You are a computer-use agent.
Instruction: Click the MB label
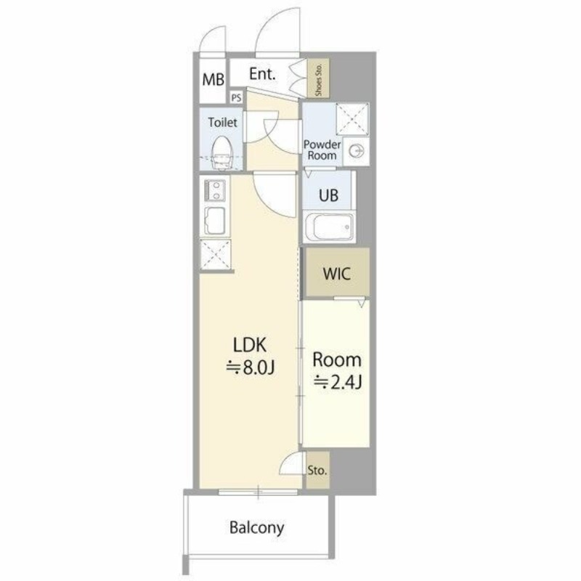pyautogui.click(x=213, y=80)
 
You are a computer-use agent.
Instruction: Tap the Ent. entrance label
pyautogui.click(x=262, y=74)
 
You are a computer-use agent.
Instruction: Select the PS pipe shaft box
pyautogui.click(x=237, y=97)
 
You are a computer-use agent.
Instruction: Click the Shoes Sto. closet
pyautogui.click(x=318, y=78)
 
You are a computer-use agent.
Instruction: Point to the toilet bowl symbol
pyautogui.click(x=221, y=153)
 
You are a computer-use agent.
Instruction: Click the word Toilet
pyautogui.click(x=222, y=122)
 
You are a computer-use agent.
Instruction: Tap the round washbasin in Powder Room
pyautogui.click(x=357, y=151)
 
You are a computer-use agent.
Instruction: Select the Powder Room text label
pyautogui.click(x=322, y=150)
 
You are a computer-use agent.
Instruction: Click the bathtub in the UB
pyautogui.click(x=330, y=226)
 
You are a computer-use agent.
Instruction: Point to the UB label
pyautogui.click(x=328, y=195)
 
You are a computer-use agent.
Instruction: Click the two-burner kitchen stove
pyautogui.click(x=215, y=190)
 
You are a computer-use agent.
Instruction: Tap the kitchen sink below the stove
pyautogui.click(x=215, y=222)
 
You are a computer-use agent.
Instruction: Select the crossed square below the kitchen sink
pyautogui.click(x=215, y=255)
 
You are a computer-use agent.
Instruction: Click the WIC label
pyautogui.click(x=337, y=274)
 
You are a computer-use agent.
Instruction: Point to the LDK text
pyautogui.click(x=250, y=345)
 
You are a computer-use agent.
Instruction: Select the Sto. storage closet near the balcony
pyautogui.click(x=318, y=470)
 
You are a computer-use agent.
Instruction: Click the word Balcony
pyautogui.click(x=257, y=528)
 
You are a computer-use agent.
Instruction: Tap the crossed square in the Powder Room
pyautogui.click(x=352, y=119)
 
